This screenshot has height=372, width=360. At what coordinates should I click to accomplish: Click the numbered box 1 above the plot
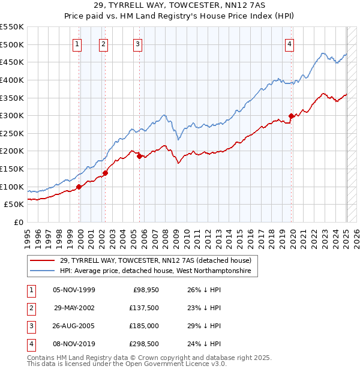77,43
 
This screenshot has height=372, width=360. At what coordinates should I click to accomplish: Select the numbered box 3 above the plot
137,43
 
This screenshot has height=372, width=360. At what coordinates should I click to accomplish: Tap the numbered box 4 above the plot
289,43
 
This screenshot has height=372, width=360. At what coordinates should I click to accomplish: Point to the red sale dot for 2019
291,116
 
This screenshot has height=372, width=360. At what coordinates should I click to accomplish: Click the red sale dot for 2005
139,157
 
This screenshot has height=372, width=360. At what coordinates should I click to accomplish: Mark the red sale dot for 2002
105,173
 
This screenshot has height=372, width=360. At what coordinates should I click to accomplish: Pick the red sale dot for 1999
79,187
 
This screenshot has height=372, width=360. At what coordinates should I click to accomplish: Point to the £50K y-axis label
14,205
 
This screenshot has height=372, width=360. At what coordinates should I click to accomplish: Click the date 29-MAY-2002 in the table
74,308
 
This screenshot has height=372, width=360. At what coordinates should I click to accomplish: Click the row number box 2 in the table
31,308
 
